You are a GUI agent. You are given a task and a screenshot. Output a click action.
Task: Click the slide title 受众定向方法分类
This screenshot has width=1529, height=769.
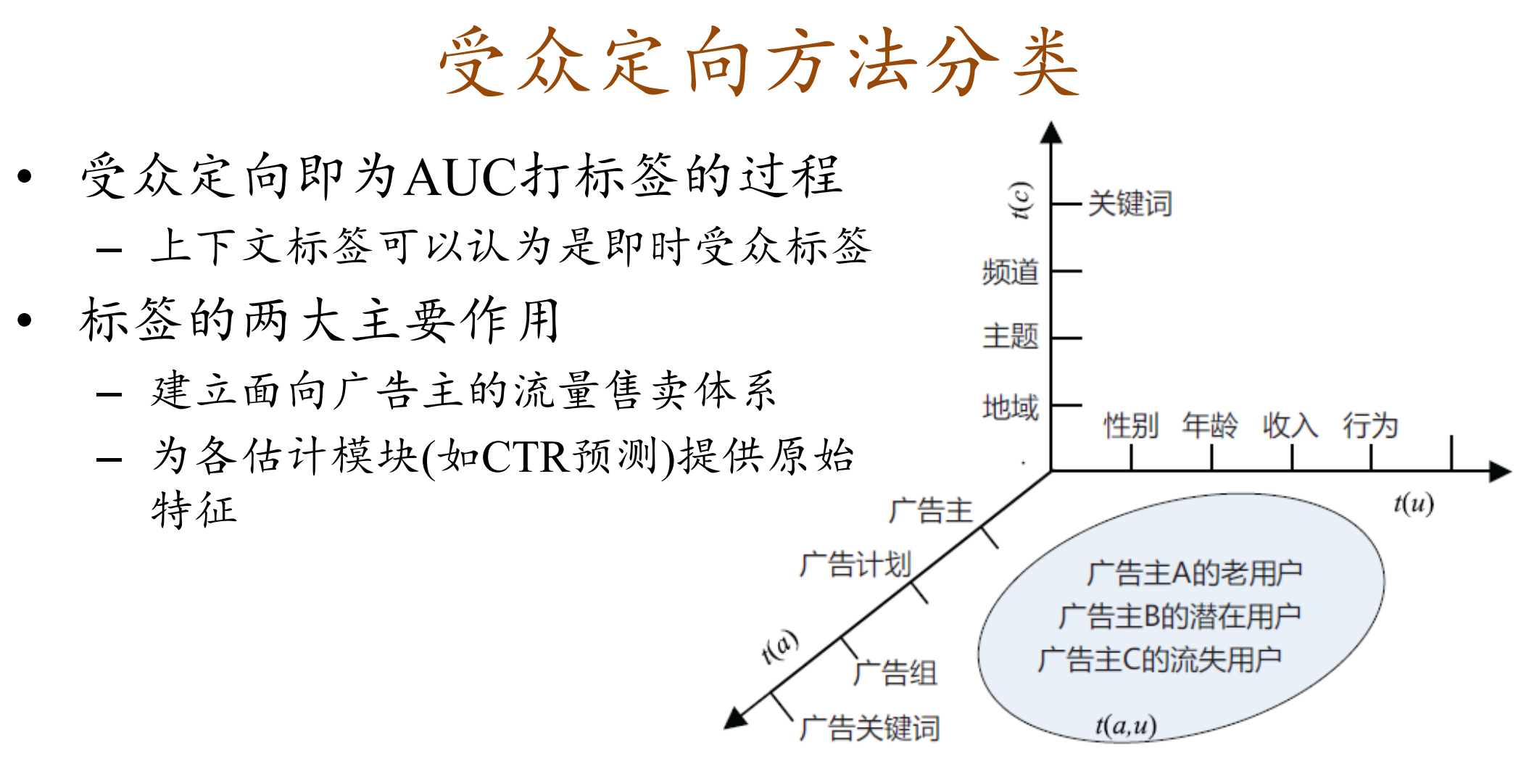759,62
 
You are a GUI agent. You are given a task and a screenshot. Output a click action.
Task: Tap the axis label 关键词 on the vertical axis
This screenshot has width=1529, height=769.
1130,204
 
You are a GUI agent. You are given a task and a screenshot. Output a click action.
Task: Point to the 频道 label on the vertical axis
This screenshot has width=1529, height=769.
1010,273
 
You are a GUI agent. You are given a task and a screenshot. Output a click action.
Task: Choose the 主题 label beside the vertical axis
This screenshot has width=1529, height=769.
1010,337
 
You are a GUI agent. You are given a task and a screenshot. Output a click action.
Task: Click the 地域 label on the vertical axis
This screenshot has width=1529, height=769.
1010,407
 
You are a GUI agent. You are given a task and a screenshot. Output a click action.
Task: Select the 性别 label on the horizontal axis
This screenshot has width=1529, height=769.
1130,425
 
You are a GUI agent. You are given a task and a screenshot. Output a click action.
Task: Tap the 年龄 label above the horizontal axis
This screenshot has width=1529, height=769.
1210,425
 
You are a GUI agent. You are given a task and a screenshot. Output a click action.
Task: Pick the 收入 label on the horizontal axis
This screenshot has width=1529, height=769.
1290,425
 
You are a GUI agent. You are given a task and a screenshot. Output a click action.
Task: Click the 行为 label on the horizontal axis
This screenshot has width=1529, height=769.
1370,425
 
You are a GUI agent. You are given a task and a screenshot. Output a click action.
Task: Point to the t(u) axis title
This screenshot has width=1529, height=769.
1413,503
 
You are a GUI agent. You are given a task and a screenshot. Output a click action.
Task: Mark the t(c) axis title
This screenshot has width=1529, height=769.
1022,200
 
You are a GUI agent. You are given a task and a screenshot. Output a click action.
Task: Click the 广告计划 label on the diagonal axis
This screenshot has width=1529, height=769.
855,565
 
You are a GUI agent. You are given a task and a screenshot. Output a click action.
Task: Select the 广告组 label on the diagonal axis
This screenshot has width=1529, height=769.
895,673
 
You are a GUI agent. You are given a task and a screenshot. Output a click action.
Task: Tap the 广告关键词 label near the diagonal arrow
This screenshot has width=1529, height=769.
869,728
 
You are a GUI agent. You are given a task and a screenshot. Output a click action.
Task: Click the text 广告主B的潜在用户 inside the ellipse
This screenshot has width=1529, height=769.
1180,617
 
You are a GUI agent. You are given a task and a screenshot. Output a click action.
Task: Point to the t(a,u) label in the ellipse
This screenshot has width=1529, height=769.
1125,725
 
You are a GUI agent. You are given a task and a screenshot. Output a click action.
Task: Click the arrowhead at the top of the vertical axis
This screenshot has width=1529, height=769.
1051,133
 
